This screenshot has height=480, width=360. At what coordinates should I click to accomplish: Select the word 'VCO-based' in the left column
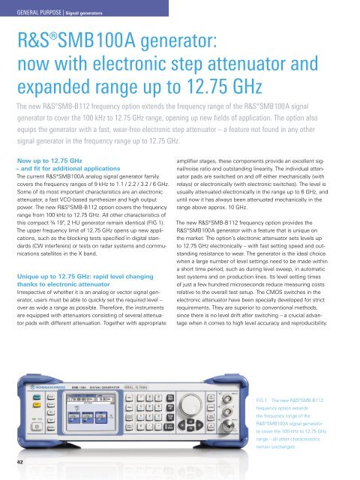pos(85,200)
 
